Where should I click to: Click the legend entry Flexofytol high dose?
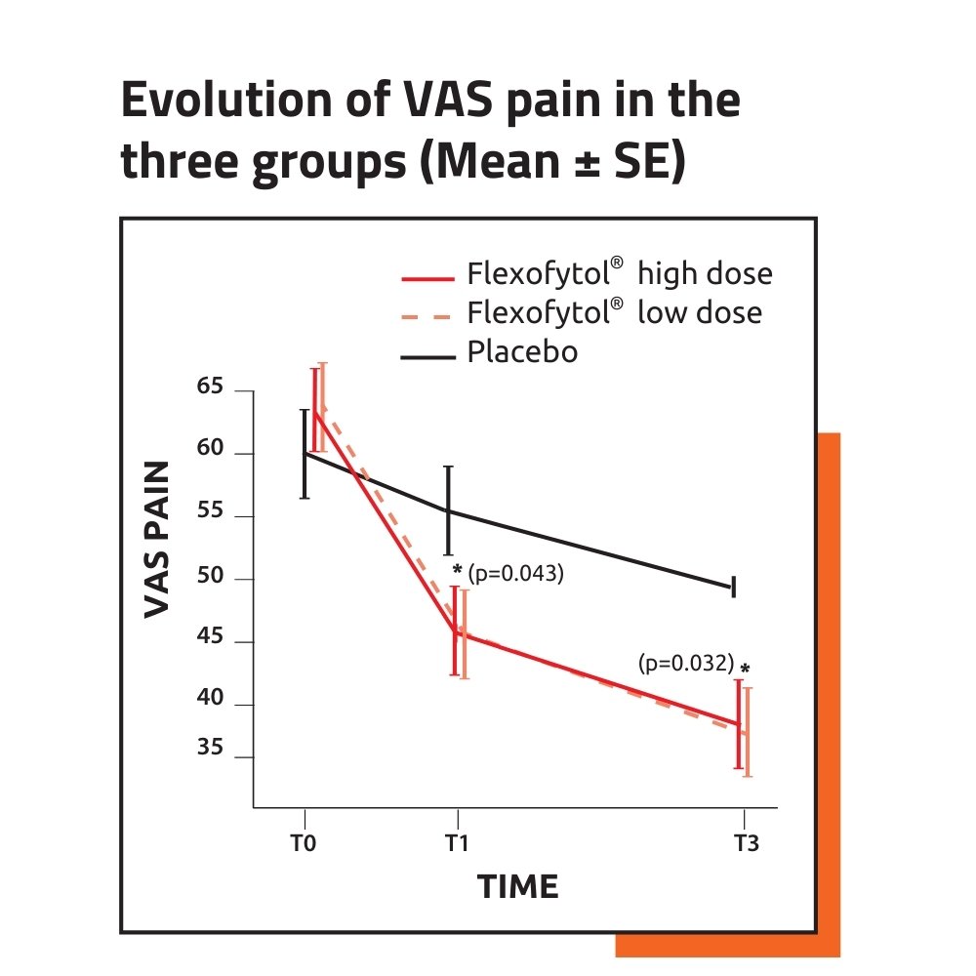pyautogui.click(x=620, y=274)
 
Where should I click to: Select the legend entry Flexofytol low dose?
pyautogui.click(x=615, y=313)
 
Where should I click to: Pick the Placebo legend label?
pyautogui.click(x=522, y=351)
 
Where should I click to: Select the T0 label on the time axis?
pyautogui.click(x=304, y=844)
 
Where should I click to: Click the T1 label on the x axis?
pyautogui.click(x=456, y=844)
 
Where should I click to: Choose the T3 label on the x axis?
pyautogui.click(x=746, y=844)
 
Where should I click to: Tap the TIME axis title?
pyautogui.click(x=517, y=887)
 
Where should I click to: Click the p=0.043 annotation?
pyautogui.click(x=516, y=574)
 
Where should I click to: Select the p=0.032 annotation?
pyautogui.click(x=685, y=664)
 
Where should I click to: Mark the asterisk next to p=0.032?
pyautogui.click(x=746, y=670)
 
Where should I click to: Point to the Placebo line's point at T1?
pyautogui.click(x=448, y=510)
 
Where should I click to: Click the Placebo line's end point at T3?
pyautogui.click(x=732, y=587)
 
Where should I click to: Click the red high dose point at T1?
pyautogui.click(x=455, y=630)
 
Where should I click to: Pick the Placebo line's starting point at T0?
pyautogui.click(x=305, y=453)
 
